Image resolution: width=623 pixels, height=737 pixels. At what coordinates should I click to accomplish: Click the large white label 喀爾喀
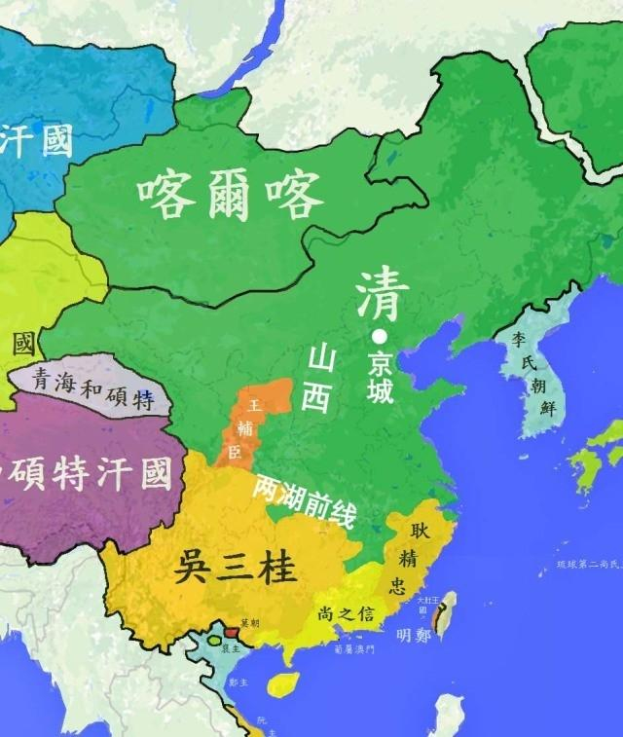click(230, 197)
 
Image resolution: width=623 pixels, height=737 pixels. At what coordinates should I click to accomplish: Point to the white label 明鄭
click(412, 634)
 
